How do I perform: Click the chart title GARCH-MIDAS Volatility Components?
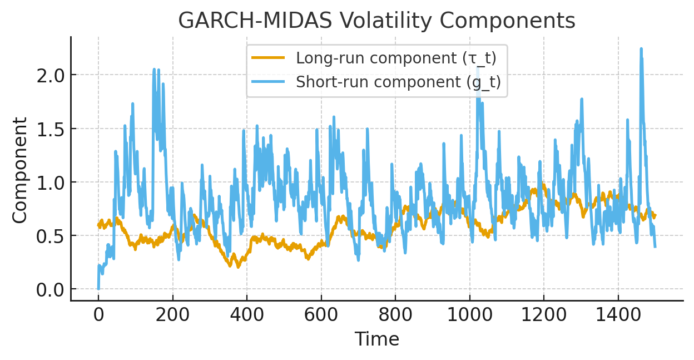[376, 21]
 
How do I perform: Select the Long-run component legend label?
[396, 58]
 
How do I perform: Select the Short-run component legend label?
[398, 82]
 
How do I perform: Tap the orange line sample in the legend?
[268, 58]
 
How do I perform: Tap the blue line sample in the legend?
[268, 82]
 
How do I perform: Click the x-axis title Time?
[376, 339]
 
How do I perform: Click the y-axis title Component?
[20, 170]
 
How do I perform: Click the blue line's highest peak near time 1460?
[641, 49]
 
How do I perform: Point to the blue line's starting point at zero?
[98, 289]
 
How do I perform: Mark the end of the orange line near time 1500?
[655, 215]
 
